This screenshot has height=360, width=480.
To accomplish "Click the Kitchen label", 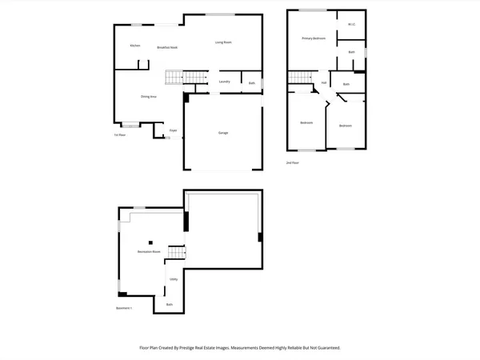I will coord(135,46).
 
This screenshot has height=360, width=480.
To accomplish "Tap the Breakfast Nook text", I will coord(167,48).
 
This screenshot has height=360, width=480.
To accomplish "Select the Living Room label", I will coord(223,42).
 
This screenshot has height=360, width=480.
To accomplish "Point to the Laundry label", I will coord(225,82).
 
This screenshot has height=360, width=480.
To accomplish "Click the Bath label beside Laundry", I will coord(252,83).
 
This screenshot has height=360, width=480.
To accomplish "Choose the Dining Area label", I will coord(149,96).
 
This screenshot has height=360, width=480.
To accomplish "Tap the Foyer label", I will coord(173,130).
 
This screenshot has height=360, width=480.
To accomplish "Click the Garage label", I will coord(223,132).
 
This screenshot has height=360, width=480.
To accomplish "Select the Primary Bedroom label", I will coord(313,38).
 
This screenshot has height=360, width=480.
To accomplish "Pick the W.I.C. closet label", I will coord(351,25).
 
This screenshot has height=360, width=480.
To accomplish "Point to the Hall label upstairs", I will coord(324,82).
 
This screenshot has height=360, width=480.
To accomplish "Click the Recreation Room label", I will coord(149,252).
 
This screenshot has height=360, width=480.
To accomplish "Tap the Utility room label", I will coord(174,280).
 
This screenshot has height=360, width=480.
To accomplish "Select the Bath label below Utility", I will coord(170,305).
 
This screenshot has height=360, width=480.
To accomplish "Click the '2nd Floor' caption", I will coord(293,162).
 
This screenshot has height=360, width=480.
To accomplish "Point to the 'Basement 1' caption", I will coord(123,308).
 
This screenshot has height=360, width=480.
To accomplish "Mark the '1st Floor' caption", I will coord(120,135).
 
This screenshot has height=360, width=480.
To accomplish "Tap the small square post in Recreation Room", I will coord(148,242).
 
